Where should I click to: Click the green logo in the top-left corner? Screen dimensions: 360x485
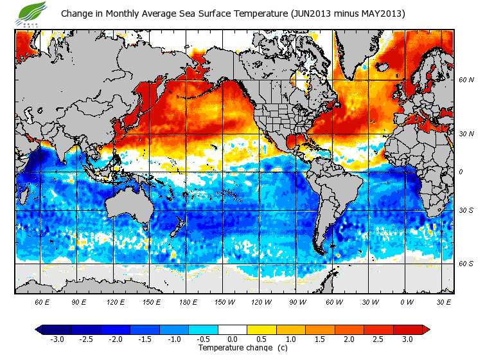(31, 12)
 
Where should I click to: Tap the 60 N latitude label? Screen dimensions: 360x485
(466, 80)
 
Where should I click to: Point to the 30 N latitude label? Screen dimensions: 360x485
(466, 134)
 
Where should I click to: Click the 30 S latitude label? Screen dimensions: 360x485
(466, 211)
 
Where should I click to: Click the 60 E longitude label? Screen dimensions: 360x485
(41, 301)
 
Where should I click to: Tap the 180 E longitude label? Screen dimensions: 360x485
(188, 301)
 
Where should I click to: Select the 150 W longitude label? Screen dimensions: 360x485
(224, 301)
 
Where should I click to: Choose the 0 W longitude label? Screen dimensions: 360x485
(407, 301)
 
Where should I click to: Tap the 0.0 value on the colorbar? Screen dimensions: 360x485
(233, 339)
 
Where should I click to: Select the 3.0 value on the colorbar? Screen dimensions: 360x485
(407, 339)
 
